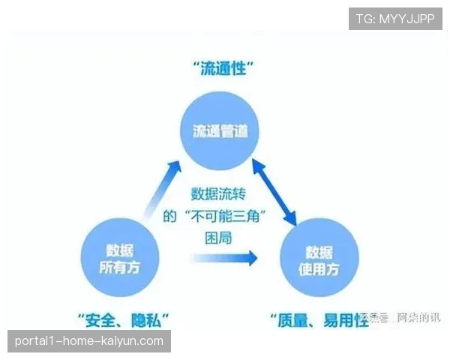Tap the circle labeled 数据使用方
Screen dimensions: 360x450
pos(319,259)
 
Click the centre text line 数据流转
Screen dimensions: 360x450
pos(219,193)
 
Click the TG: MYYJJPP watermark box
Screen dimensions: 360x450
pos(395,19)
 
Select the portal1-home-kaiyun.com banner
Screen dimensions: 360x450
pos(89,341)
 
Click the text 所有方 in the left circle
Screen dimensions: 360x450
pos(119,267)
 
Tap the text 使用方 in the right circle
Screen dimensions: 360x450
pos(319,268)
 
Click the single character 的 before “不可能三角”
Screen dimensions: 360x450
pos(170,217)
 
